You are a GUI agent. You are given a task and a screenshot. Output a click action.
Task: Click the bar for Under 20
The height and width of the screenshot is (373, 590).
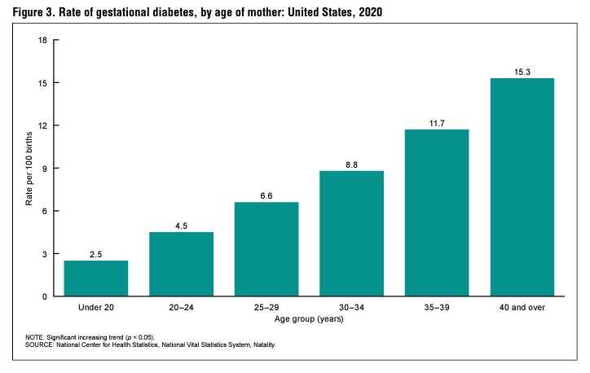(96, 279)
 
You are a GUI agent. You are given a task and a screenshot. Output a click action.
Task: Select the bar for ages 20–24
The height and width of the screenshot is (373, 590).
(182, 264)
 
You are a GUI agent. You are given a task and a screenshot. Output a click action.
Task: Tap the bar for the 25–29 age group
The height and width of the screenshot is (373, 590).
(266, 249)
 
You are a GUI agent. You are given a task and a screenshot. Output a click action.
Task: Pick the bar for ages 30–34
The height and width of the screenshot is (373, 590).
(352, 234)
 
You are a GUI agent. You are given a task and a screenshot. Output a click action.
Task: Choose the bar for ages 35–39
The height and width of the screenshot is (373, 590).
(438, 213)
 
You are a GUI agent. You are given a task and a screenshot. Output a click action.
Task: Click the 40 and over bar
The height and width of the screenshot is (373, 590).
(522, 187)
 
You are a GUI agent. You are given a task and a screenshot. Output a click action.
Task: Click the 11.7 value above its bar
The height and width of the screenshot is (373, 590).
(438, 123)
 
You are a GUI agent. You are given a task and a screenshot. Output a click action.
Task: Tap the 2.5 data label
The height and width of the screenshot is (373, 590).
(96, 254)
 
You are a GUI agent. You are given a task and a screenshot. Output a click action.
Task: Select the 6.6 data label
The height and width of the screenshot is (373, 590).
(266, 195)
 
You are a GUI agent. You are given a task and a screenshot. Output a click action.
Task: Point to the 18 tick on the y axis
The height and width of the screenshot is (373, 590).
(42, 40)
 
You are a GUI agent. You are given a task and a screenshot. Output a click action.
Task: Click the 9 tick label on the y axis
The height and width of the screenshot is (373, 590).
(44, 169)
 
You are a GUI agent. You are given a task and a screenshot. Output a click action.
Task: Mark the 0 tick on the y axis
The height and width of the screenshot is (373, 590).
(44, 296)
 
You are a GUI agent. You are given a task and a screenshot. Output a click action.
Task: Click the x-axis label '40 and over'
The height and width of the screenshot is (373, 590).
(522, 308)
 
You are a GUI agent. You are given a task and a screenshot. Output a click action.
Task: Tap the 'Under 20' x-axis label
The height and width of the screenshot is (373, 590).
(96, 308)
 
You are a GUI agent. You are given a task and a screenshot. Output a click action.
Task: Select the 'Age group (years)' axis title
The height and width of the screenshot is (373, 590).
(310, 318)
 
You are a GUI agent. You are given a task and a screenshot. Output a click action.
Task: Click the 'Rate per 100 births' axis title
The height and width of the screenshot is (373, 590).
(29, 169)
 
